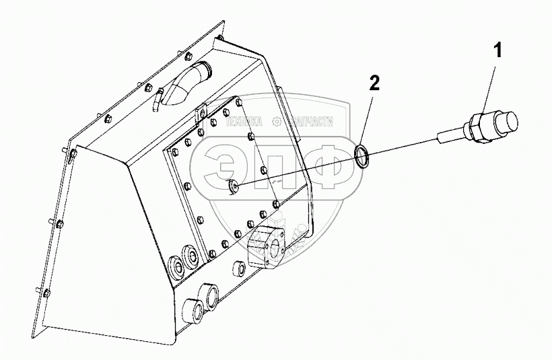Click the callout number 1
click(x=497, y=50)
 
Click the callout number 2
click(x=374, y=84)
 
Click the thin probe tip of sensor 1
click(x=442, y=137)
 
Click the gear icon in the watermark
click(x=276, y=120)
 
